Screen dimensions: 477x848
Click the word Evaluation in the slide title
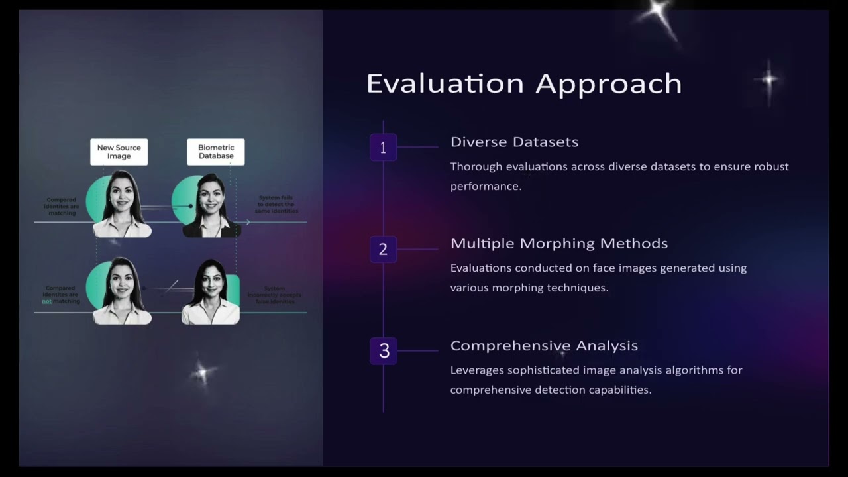(446, 84)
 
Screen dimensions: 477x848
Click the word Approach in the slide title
(608, 84)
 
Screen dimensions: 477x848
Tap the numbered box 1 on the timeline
(383, 148)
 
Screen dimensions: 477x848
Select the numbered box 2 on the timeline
(383, 249)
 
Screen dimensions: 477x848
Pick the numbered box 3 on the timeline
(384, 351)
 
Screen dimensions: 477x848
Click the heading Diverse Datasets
(514, 142)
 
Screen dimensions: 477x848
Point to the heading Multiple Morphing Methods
(558, 243)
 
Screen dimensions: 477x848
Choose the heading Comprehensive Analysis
(544, 345)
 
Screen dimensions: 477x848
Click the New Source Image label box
(119, 152)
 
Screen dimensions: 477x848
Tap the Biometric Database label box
(216, 152)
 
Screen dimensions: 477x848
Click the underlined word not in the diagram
(46, 301)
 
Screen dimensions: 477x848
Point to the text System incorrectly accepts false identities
(274, 295)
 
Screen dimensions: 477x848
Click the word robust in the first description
(770, 166)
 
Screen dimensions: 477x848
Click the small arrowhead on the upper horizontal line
(248, 222)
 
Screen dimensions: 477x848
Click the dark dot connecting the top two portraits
(191, 206)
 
